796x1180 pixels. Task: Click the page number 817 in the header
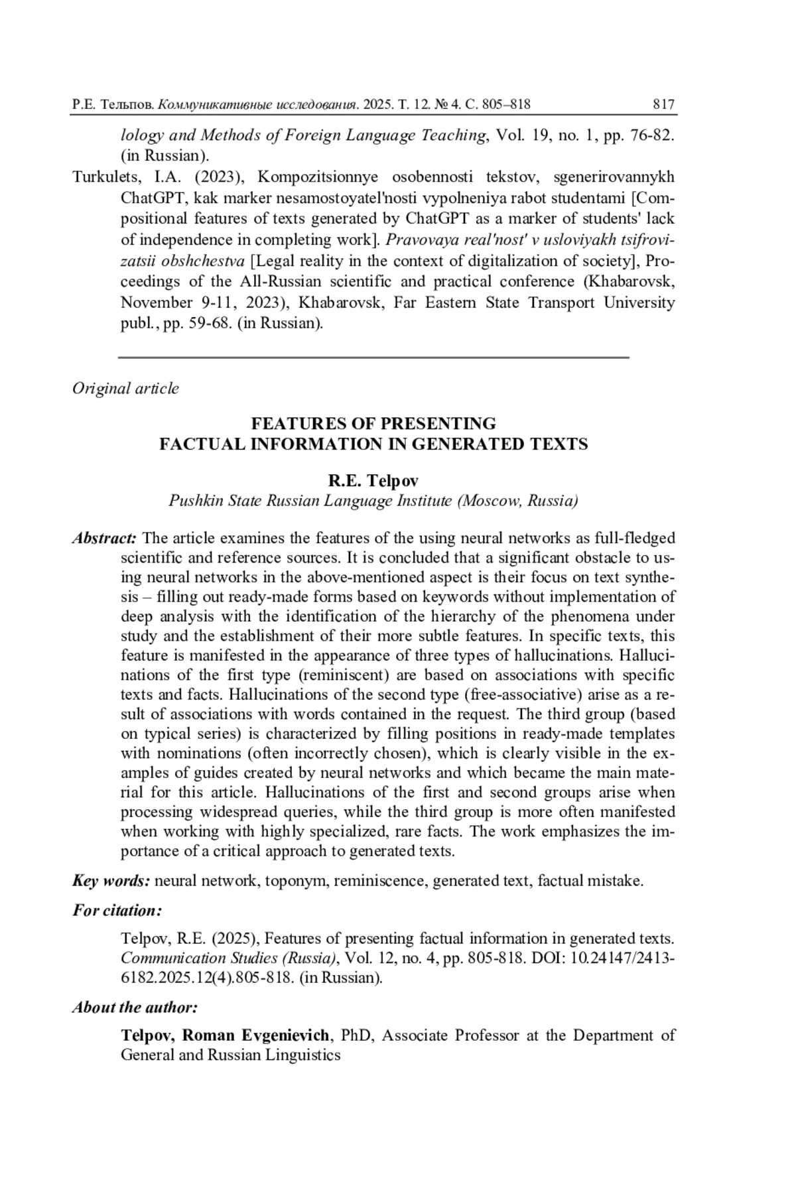663,104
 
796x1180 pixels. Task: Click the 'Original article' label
125,388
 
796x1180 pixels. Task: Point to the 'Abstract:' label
105,537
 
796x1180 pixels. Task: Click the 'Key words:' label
111,881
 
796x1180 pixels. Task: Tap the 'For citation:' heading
117,909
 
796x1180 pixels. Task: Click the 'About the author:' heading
135,1008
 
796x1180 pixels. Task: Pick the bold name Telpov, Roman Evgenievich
225,1035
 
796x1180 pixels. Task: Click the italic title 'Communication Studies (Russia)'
229,958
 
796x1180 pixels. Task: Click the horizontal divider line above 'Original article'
373,357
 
